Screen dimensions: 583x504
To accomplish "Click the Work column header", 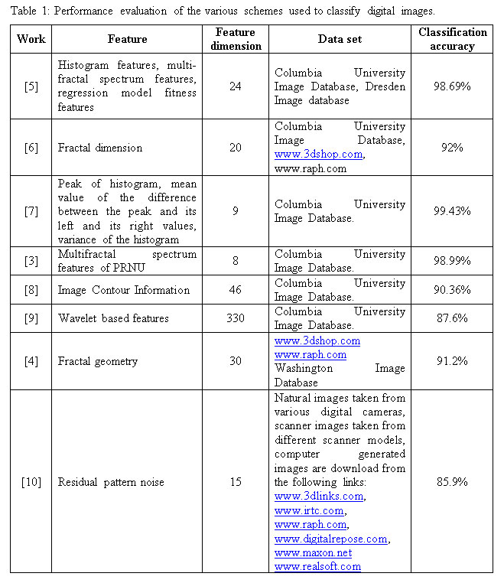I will coord(31,39).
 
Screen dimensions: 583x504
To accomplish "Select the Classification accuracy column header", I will coord(452,39).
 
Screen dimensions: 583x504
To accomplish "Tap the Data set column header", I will coord(340,39).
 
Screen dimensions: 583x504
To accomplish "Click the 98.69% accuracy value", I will coord(452,86).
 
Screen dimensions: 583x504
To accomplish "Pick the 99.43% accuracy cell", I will coord(452,210).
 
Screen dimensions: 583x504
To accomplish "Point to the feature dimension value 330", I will coord(235,318).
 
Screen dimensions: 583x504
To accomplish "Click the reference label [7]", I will coord(31,210).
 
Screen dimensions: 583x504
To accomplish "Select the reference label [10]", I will coord(31,482).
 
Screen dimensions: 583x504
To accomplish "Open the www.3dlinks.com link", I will coord(318,496).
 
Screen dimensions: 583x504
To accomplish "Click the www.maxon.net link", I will coord(313,552).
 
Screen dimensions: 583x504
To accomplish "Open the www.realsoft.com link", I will coord(317,566).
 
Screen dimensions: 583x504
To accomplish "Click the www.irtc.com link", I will coord(308,510).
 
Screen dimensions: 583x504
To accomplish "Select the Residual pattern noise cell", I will coord(111,482).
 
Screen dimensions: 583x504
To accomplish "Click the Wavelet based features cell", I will coord(112,318).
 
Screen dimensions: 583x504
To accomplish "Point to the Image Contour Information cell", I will coord(124,290).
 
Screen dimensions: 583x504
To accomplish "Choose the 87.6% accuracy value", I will coord(452,318).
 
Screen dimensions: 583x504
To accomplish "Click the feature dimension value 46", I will coord(235,290).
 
